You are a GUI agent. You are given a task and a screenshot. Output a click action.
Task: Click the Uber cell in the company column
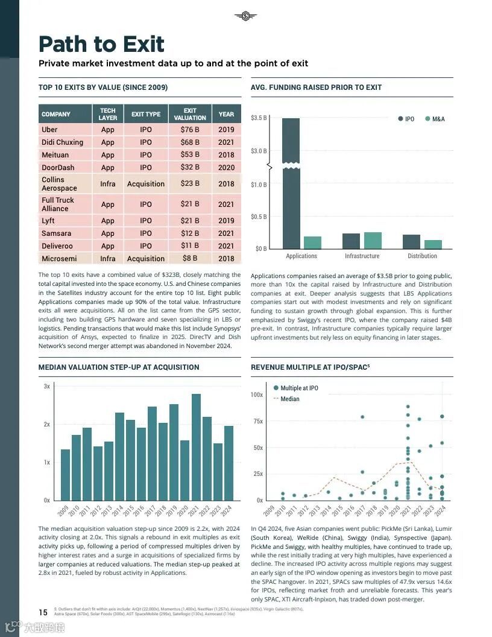click(x=50, y=130)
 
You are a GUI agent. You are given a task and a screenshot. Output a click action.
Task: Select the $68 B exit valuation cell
click(x=190, y=142)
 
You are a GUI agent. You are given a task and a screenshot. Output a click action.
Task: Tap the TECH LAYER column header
click(x=108, y=114)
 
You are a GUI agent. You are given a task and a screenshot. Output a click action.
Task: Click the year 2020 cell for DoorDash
click(x=226, y=168)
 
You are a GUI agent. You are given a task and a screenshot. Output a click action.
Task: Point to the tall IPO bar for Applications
click(x=291, y=181)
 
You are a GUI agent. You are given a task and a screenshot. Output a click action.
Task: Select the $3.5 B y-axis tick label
click(x=259, y=118)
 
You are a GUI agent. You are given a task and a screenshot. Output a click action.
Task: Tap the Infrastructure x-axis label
click(x=362, y=256)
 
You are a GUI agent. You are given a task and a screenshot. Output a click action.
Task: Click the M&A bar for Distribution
click(x=433, y=244)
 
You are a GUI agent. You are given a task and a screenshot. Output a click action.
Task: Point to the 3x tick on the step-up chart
click(x=46, y=386)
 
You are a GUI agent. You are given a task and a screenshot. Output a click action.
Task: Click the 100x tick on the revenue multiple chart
click(x=257, y=395)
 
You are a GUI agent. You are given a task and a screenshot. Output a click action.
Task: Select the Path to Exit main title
click(x=101, y=44)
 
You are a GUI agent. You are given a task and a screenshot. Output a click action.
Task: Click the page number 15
click(x=43, y=612)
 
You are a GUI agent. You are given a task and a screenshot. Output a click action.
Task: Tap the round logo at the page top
click(x=245, y=16)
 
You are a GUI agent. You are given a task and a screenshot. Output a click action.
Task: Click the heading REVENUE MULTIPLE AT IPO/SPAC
click(x=310, y=367)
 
